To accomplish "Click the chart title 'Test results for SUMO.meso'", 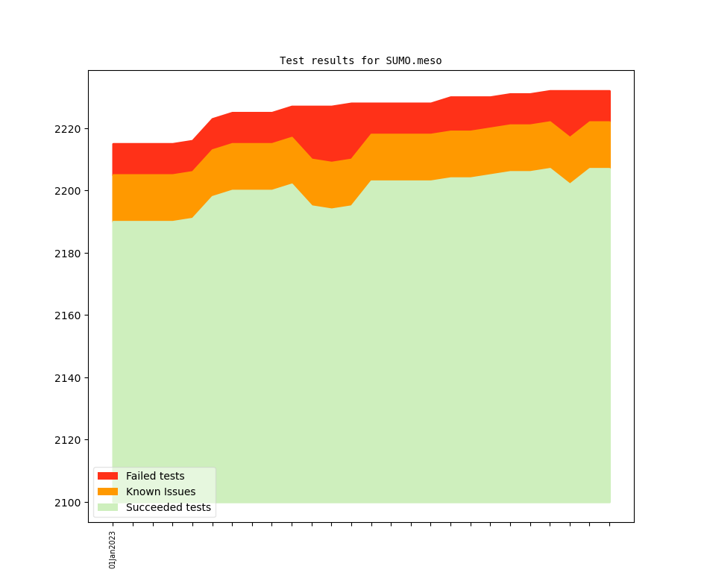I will (360, 60).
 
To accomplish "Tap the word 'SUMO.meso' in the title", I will (414, 60).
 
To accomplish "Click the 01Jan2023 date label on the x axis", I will (113, 550).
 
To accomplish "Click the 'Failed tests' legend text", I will (155, 476).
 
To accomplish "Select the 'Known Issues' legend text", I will (160, 492).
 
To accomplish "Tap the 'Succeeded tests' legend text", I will (169, 507).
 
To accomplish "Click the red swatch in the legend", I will (107, 476).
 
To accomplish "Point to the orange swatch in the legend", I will (107, 492).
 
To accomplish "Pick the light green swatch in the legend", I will (107, 507).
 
